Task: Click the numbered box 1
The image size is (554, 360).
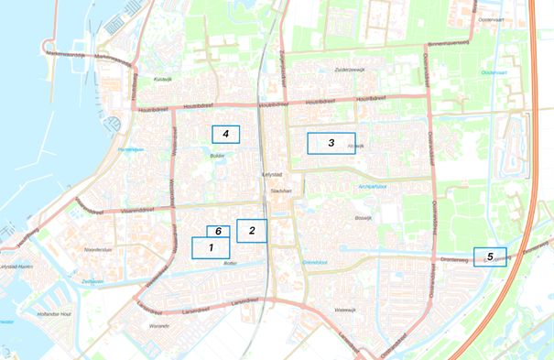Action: coord(211,247)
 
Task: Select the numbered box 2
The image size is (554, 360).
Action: coord(251,231)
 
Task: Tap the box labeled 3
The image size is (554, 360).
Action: coord(331,143)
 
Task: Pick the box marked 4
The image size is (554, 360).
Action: coord(225,135)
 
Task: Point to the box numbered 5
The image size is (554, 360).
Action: coord(490,256)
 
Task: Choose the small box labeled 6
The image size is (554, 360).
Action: coord(218,231)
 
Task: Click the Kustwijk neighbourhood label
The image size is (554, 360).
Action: coord(162,80)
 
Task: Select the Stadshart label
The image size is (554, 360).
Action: coord(279,191)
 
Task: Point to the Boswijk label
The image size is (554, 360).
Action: coord(364,218)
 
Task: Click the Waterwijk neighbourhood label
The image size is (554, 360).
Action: coord(345,310)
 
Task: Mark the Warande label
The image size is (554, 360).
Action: coord(159,324)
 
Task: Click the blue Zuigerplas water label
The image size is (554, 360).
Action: coord(92,281)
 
